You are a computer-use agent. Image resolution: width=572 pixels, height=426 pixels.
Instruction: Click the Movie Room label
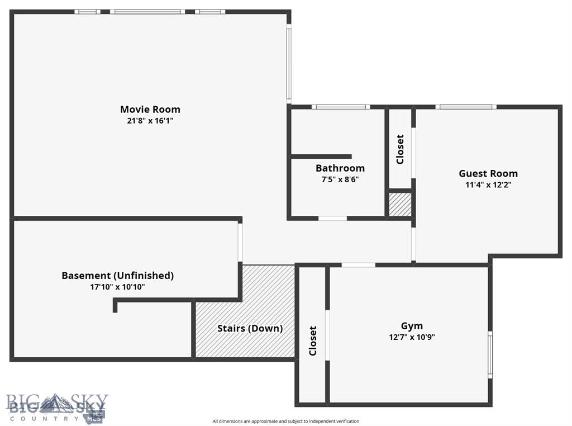(x=150, y=109)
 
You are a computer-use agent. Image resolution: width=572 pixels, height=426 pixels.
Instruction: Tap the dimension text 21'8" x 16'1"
(x=150, y=120)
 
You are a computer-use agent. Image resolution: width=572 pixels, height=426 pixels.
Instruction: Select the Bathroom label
(x=340, y=168)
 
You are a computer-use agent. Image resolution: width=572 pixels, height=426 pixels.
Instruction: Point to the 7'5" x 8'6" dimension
(x=340, y=179)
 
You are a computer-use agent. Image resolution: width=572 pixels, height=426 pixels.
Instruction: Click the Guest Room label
(x=488, y=173)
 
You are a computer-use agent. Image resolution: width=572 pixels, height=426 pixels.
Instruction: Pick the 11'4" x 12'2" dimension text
(x=488, y=184)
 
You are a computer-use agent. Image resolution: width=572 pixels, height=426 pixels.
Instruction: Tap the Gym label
(x=412, y=326)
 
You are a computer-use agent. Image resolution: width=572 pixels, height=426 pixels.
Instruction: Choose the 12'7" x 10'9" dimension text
(x=412, y=337)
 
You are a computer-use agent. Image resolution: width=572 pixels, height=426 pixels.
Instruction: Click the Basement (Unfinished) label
(x=117, y=276)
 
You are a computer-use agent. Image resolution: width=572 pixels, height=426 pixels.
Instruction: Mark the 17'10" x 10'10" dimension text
(x=117, y=287)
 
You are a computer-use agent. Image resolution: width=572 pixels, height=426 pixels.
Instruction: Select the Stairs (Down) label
(x=250, y=328)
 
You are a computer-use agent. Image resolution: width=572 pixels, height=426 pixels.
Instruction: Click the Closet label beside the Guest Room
(x=400, y=149)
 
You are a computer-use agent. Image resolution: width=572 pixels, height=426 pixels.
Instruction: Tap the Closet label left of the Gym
(x=313, y=340)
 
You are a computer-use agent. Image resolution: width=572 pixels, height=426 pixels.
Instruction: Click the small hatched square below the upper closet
(x=400, y=205)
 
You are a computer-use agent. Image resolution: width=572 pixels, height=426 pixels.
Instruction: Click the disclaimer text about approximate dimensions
(x=285, y=421)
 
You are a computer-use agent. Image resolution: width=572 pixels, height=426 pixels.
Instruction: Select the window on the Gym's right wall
(x=490, y=354)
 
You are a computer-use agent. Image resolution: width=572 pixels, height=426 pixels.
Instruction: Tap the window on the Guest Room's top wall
(x=466, y=106)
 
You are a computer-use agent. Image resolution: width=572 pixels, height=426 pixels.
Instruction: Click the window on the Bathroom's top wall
(x=341, y=106)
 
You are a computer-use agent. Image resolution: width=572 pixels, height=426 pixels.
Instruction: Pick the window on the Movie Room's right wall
(x=289, y=64)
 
